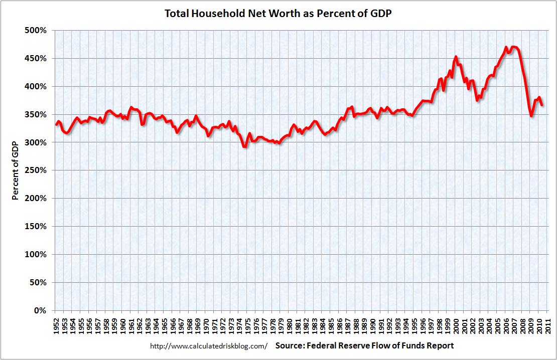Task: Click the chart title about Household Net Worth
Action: (x=278, y=14)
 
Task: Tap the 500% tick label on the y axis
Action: (x=36, y=31)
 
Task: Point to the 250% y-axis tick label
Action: (x=36, y=170)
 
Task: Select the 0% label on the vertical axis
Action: (x=40, y=310)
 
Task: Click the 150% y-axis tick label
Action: (x=36, y=227)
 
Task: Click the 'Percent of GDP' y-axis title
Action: (x=15, y=170)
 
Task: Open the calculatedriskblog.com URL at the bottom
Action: (x=209, y=346)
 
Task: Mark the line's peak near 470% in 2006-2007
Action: (x=514, y=47)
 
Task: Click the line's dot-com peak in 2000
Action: (x=456, y=57)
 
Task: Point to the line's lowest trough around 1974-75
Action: (x=244, y=146)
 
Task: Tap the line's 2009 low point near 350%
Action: (x=531, y=116)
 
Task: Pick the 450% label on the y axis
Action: (x=36, y=59)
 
